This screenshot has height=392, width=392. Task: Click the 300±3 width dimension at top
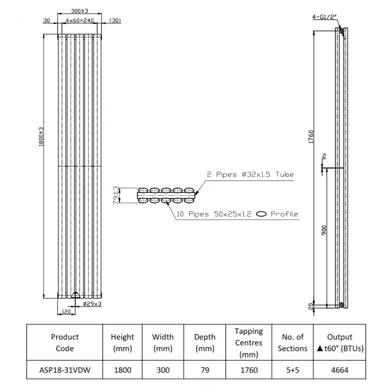click(80, 11)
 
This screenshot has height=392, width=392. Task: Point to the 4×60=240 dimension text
click(80, 21)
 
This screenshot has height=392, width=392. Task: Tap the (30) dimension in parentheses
click(115, 21)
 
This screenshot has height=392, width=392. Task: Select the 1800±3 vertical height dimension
click(41, 136)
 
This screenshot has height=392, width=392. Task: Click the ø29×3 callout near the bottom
click(92, 304)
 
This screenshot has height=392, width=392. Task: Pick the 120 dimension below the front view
click(66, 312)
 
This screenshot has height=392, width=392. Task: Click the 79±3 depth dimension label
click(116, 195)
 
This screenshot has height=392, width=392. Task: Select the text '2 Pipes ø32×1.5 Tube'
click(250, 174)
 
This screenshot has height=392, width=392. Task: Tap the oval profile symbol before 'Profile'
click(261, 214)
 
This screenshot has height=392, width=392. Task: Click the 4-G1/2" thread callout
click(324, 17)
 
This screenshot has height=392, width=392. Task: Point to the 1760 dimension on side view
click(311, 137)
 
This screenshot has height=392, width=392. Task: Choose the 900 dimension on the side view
click(324, 230)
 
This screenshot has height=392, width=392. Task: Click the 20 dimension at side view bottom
click(311, 306)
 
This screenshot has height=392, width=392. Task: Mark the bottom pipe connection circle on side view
click(341, 305)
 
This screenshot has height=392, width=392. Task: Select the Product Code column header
click(65, 343)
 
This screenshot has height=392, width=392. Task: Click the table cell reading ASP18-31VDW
click(65, 370)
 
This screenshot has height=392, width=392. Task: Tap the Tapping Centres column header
click(248, 343)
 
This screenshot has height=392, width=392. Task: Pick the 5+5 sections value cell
click(292, 370)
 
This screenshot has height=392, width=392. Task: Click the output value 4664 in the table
click(340, 370)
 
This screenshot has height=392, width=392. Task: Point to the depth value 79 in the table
click(205, 370)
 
